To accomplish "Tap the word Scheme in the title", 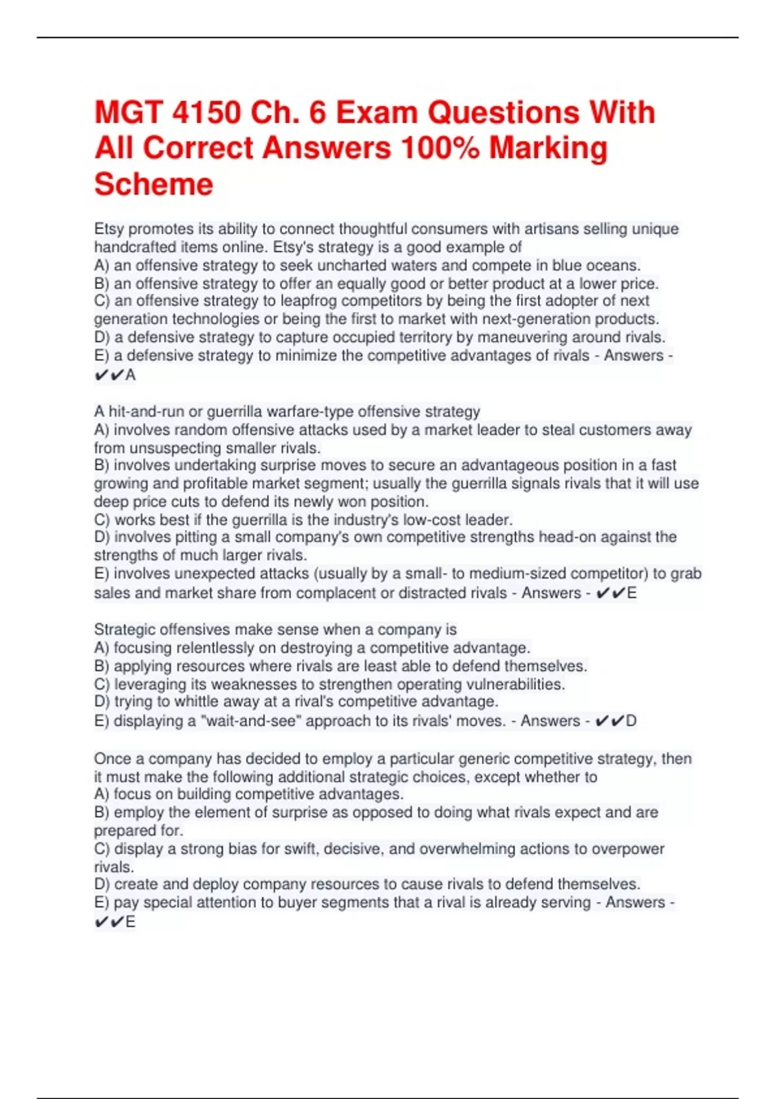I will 154,184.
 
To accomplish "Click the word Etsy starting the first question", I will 109,229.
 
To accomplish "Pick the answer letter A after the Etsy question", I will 131,375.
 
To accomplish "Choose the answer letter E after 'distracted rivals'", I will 632,593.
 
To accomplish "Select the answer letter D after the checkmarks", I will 631,721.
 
